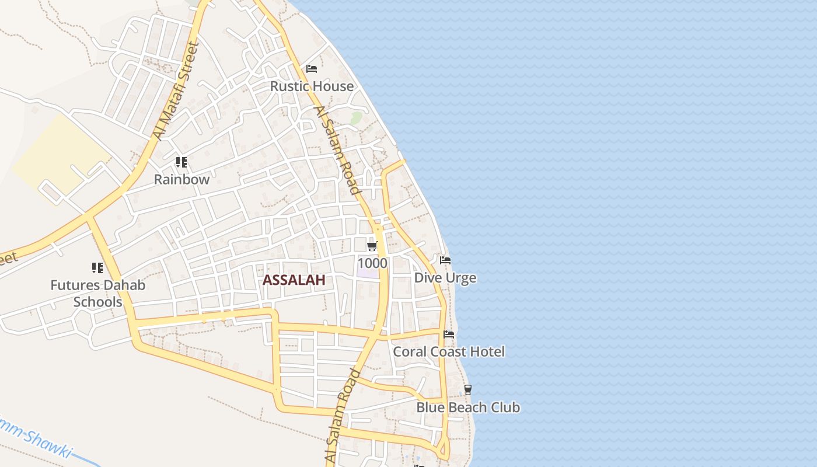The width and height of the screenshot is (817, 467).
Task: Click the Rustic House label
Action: tap(312, 86)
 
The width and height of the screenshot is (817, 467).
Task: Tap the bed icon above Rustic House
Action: tap(312, 69)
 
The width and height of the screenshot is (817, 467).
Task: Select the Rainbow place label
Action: tap(181, 180)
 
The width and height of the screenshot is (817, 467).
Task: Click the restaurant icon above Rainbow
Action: tap(181, 162)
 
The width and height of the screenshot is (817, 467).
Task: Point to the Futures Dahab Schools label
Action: tap(97, 294)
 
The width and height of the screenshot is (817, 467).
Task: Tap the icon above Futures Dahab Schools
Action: tap(97, 268)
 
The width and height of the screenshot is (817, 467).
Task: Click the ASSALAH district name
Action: tap(294, 280)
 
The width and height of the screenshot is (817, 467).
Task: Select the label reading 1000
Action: tap(372, 263)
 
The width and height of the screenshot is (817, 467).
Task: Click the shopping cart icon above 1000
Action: tap(372, 246)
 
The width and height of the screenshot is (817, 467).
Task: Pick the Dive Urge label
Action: tap(445, 278)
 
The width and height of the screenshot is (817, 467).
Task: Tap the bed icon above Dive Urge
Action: tap(445, 260)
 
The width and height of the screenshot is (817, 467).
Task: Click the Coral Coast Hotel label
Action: tap(449, 352)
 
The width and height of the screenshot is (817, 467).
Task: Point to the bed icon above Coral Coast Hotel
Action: tap(449, 334)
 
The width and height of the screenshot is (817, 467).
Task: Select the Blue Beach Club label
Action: tap(468, 407)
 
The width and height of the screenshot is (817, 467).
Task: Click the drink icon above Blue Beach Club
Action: tap(467, 390)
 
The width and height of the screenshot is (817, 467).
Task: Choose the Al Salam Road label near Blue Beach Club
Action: tap(343, 417)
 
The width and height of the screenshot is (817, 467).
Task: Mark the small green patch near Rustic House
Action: tap(355, 119)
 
